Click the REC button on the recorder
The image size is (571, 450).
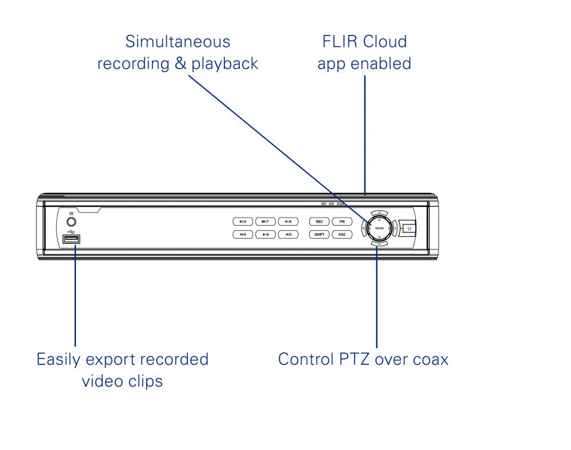[319, 222]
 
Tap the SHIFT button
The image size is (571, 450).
[319, 234]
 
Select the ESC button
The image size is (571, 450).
[341, 234]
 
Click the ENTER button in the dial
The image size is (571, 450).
[379, 228]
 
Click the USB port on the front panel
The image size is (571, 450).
[71, 239]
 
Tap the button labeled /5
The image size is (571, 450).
[243, 222]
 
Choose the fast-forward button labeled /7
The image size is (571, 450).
[266, 222]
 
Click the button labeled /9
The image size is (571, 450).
[288, 222]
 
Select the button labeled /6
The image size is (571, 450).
[243, 234]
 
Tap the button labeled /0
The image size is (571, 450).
[288, 234]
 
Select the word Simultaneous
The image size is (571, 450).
[178, 42]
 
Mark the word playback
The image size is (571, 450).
[225, 64]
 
